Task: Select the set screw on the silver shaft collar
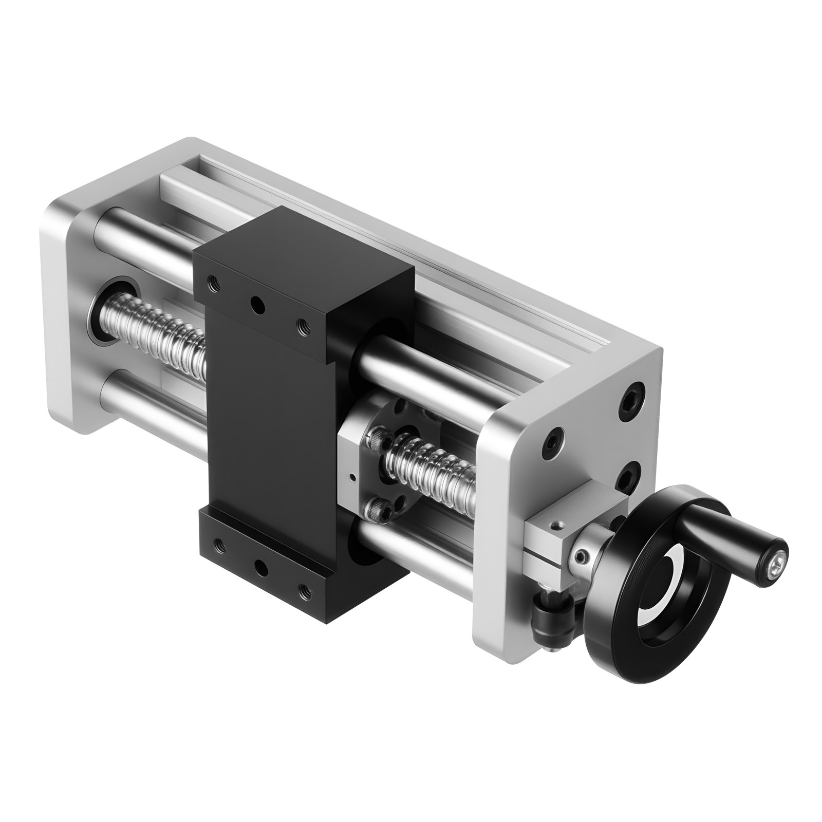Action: tap(581, 557)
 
